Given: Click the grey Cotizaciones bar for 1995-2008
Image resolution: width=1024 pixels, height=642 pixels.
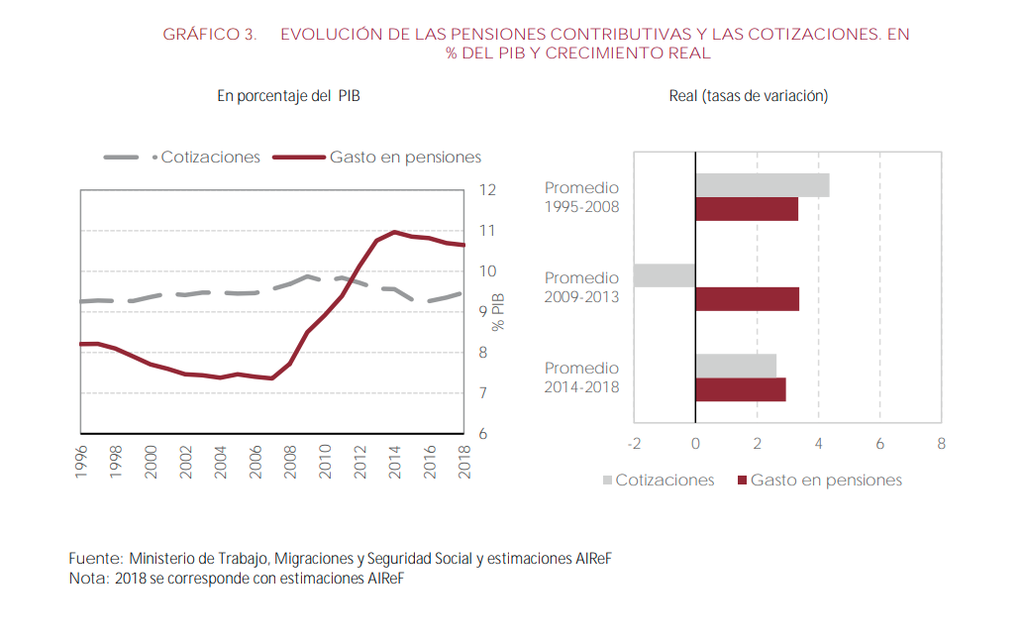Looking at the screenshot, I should pyautogui.click(x=762, y=185).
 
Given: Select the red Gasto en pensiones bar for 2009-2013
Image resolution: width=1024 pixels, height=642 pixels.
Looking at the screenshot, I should pyautogui.click(x=747, y=298).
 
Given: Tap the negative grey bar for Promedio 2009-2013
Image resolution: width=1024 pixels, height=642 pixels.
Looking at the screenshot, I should pyautogui.click(x=665, y=275).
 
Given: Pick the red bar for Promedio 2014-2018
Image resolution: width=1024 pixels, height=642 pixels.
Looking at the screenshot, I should pyautogui.click(x=741, y=389).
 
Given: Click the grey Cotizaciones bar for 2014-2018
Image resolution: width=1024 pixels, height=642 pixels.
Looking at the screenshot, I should pyautogui.click(x=736, y=366).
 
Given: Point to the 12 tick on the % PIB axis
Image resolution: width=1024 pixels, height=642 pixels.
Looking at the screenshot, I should pyautogui.click(x=488, y=190).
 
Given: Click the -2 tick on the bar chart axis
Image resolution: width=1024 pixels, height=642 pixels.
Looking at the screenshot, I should pyautogui.click(x=634, y=444).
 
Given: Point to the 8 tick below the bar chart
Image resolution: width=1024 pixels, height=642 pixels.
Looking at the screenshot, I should pyautogui.click(x=941, y=444).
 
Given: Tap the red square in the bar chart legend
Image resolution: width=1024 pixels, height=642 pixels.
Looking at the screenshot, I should pyautogui.click(x=742, y=481).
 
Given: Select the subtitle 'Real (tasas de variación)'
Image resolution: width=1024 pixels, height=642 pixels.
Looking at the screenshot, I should pyautogui.click(x=749, y=96).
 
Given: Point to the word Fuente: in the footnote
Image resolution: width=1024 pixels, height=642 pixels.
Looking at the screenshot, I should pyautogui.click(x=96, y=559).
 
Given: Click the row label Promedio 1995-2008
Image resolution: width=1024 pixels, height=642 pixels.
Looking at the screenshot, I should pyautogui.click(x=581, y=197).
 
